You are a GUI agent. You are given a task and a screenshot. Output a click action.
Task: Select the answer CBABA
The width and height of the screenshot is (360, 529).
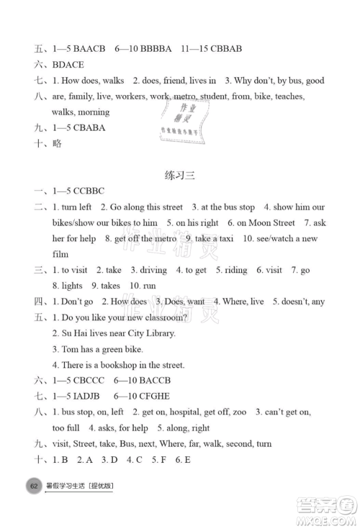tap(90, 127)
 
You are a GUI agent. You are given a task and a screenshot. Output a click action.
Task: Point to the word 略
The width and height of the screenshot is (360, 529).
tap(58, 144)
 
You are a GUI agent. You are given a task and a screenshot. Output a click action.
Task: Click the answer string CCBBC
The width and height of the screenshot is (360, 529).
tap(89, 191)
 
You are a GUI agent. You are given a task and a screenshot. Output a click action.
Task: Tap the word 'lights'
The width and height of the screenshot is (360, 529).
tap(70, 286)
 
